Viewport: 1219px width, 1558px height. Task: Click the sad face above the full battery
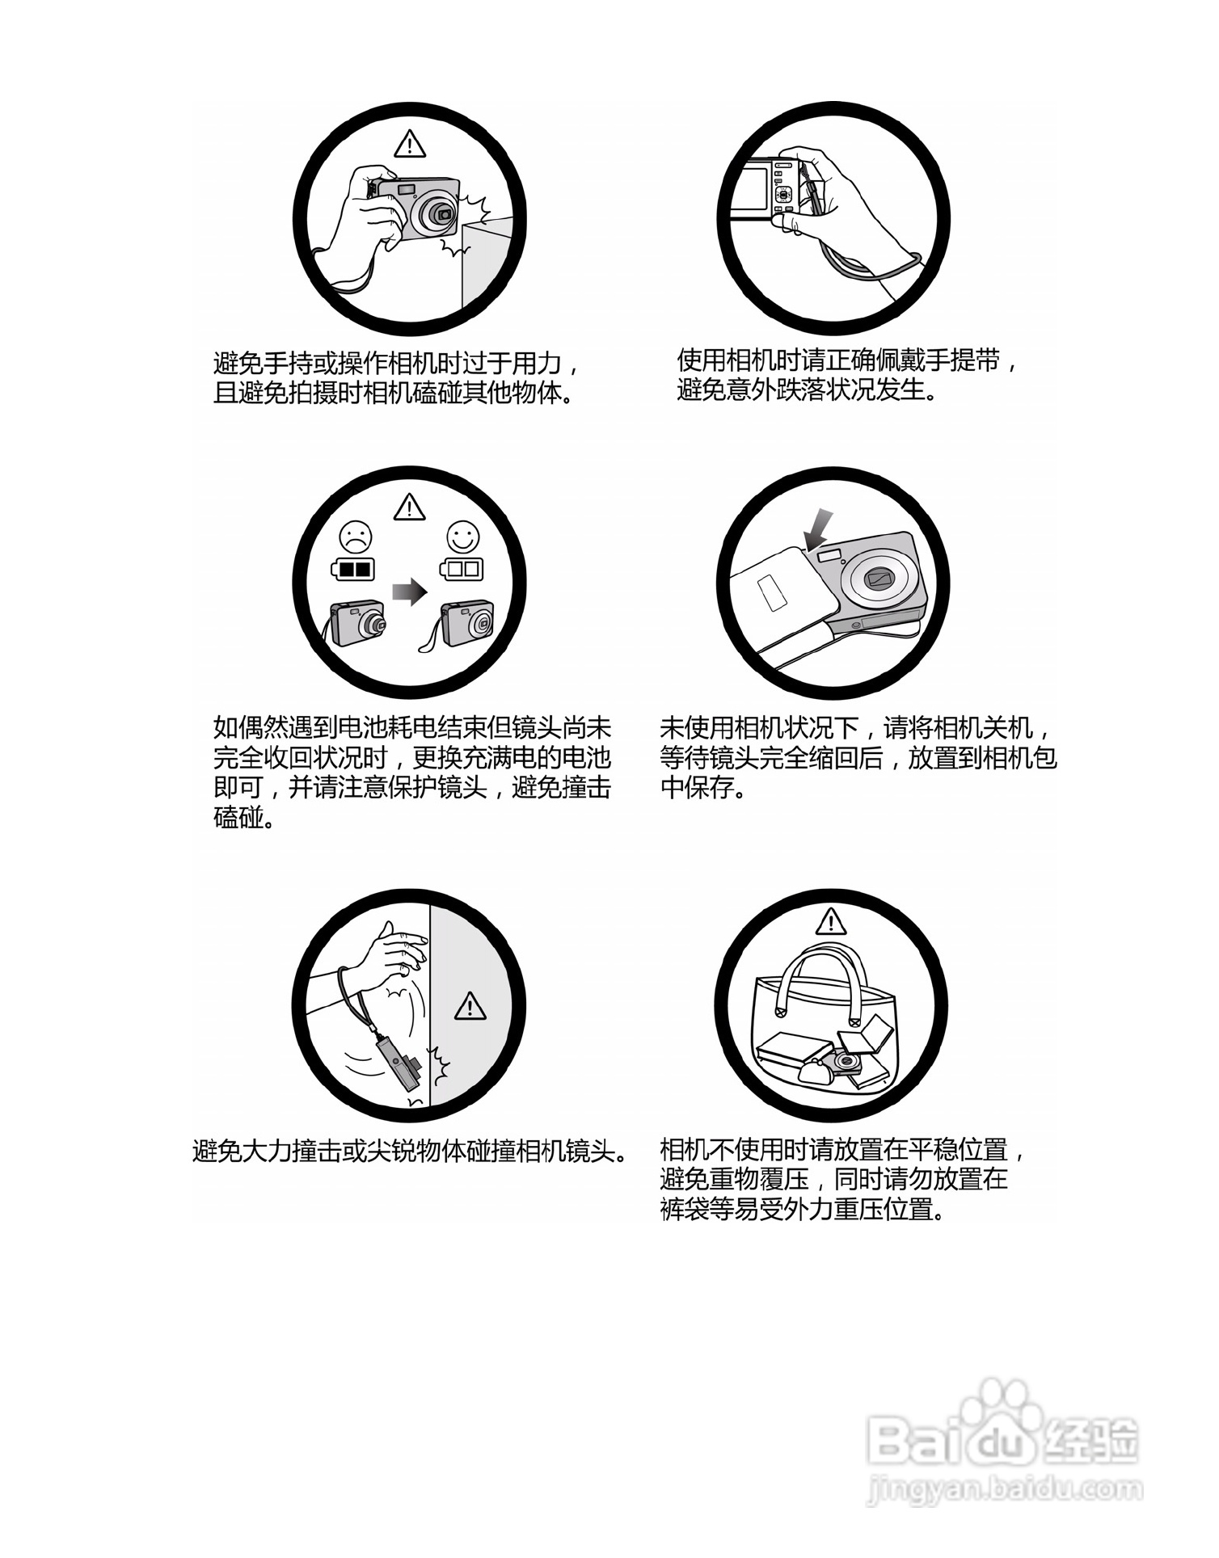pyautogui.click(x=356, y=536)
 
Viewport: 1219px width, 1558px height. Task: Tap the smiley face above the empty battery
pyautogui.click(x=462, y=536)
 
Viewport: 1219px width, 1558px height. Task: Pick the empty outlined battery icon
pyautogui.click(x=462, y=569)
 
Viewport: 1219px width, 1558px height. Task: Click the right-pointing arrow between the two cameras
pyautogui.click(x=409, y=592)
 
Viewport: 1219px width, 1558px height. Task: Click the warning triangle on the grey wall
pyautogui.click(x=470, y=1007)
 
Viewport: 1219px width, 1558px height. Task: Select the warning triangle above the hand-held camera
pyautogui.click(x=410, y=145)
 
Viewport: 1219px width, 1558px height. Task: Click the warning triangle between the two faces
pyautogui.click(x=410, y=508)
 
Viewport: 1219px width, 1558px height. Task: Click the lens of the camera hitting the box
pyautogui.click(x=441, y=214)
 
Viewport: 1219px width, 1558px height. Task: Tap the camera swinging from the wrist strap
pyautogui.click(x=402, y=1064)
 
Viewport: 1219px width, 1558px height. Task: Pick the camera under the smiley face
pyautogui.click(x=467, y=624)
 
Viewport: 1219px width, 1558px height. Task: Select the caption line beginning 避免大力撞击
pyautogui.click(x=411, y=1151)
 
